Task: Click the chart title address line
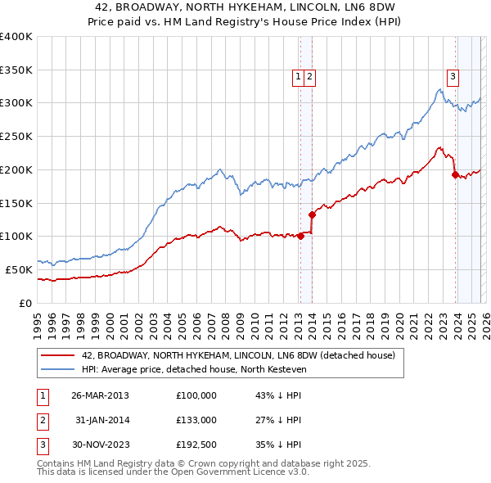click(x=245, y=7)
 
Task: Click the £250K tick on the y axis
click(x=16, y=137)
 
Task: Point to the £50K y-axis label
click(x=18, y=269)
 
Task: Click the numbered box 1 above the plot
click(x=299, y=77)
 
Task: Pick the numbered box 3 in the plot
click(x=453, y=77)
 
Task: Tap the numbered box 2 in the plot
click(x=312, y=77)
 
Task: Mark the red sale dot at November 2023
click(x=455, y=174)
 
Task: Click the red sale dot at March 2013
click(x=300, y=236)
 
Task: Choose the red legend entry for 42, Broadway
click(x=238, y=355)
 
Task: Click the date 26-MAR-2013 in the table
click(x=100, y=395)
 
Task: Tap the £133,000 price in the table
click(x=196, y=420)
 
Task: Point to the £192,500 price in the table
click(x=196, y=445)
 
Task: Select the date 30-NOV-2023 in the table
click(x=100, y=445)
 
